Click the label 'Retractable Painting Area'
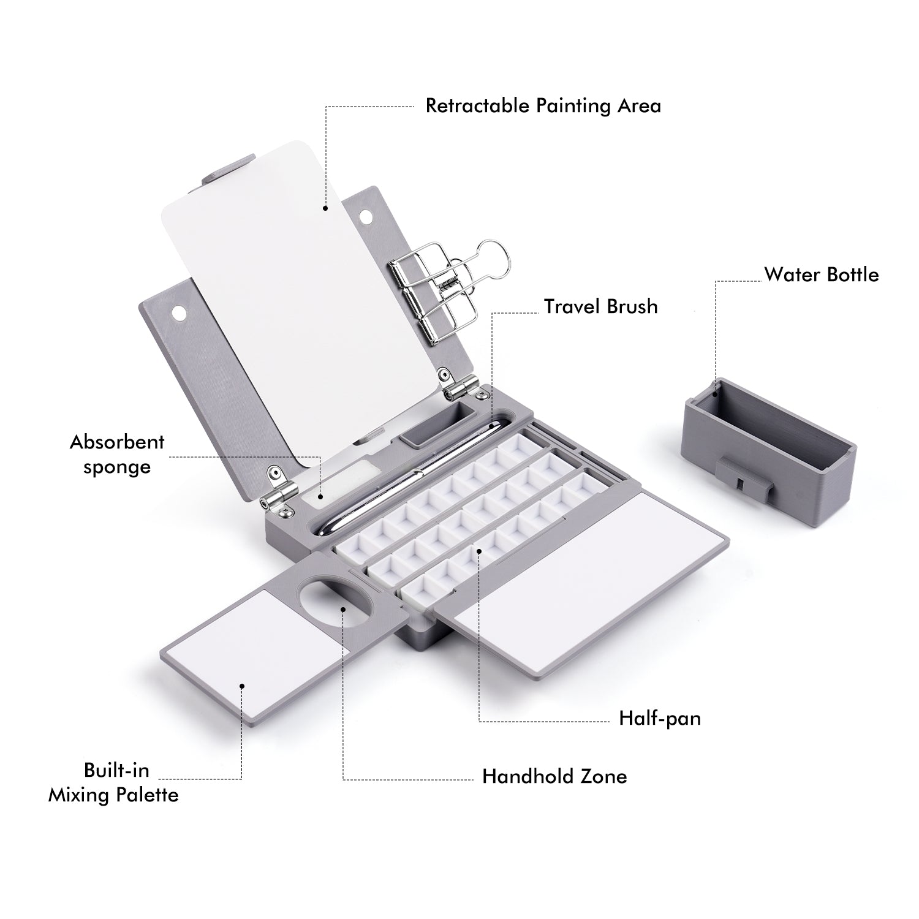543,106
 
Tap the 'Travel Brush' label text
600,306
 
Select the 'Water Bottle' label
821,274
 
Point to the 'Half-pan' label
659,718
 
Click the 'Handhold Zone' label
554,776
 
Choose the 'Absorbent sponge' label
117,454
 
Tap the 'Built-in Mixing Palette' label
114,782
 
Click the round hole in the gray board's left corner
180,312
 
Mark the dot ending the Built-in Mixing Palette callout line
243,686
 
